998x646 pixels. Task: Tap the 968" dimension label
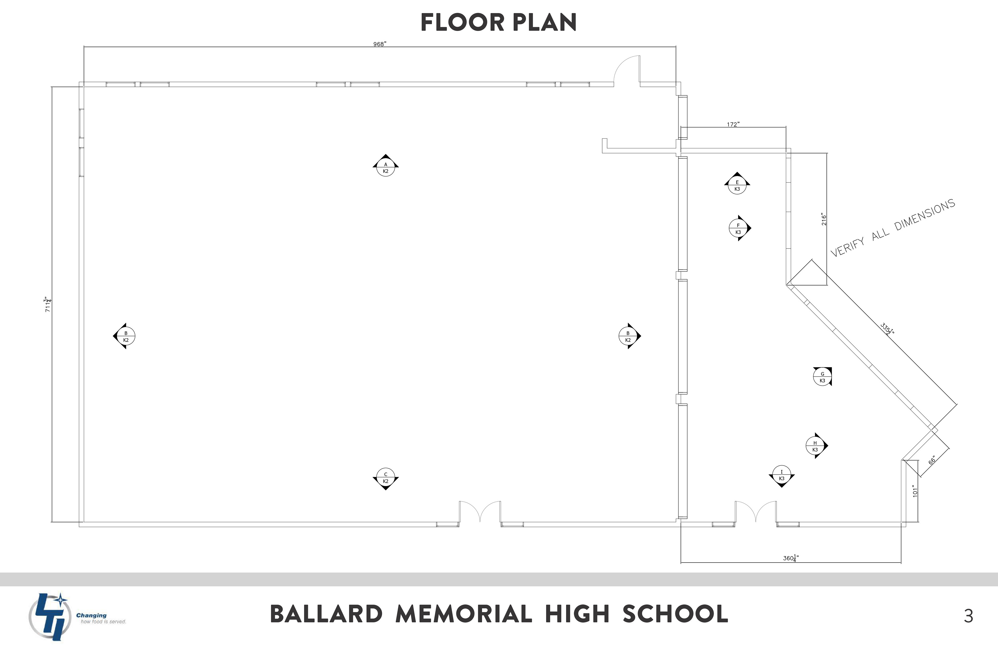tap(379, 44)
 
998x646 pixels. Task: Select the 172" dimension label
tap(733, 124)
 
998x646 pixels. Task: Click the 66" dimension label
tap(932, 460)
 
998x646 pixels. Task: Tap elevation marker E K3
tap(737, 185)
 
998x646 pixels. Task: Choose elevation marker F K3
tap(738, 228)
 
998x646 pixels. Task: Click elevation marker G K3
tap(822, 377)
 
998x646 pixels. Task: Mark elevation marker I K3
tap(781, 475)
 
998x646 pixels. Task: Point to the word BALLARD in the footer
tap(326, 615)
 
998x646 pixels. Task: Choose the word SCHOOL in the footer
tap(675, 615)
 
